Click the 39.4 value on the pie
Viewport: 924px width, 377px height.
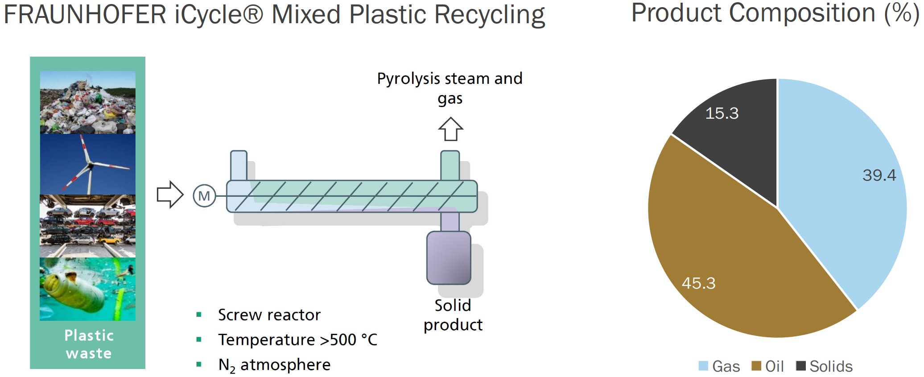tap(879, 175)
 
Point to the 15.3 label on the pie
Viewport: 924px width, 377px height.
tap(722, 113)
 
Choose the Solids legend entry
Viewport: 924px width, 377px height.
tap(825, 366)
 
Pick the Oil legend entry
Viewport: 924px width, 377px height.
tap(768, 366)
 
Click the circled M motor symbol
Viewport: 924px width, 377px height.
tap(204, 196)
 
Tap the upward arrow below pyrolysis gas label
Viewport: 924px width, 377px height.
tap(450, 129)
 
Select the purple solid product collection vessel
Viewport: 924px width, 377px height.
tap(449, 258)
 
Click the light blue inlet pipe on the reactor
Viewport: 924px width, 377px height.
tap(239, 166)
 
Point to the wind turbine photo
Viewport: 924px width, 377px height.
tap(88, 164)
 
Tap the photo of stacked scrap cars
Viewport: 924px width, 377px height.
tap(88, 226)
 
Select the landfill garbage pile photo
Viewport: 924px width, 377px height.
tap(88, 102)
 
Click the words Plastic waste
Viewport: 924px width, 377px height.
tap(89, 344)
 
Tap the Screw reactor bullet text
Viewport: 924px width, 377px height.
tap(269, 315)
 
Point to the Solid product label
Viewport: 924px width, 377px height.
tap(453, 315)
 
